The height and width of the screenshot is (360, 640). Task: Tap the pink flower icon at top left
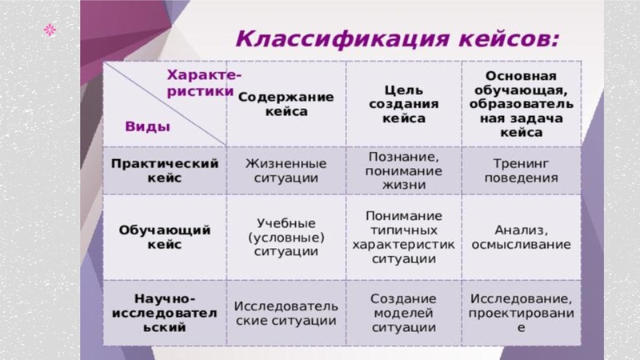tap(50, 30)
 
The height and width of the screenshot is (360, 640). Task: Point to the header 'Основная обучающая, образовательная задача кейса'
tap(521, 103)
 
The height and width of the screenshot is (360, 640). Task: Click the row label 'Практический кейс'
tap(165, 170)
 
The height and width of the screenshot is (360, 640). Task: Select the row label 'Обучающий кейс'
tap(165, 238)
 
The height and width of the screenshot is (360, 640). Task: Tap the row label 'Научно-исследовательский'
tap(165, 313)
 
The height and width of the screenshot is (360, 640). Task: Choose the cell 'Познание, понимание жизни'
tap(404, 170)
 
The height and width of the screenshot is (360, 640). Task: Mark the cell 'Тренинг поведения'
tap(521, 170)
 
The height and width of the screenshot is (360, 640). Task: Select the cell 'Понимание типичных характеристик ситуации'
tap(404, 238)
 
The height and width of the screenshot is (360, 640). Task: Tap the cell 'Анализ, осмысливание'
tap(521, 237)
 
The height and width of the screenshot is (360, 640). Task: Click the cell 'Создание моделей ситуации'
tap(404, 313)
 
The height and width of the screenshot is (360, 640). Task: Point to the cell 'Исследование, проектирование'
tap(521, 313)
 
